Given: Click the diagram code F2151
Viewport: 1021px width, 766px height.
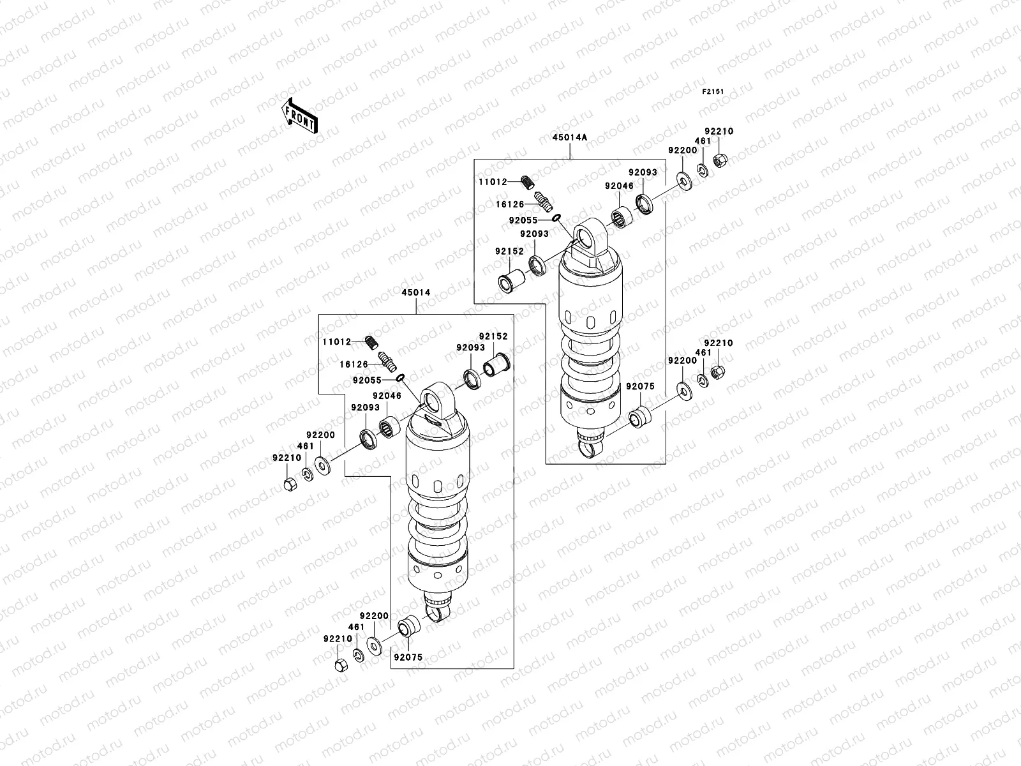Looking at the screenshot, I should [714, 92].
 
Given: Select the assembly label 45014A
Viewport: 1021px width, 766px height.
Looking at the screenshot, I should [570, 137].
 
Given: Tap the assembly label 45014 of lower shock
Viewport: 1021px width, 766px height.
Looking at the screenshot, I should [416, 292].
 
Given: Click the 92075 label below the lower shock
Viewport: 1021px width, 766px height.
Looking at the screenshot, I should [408, 657].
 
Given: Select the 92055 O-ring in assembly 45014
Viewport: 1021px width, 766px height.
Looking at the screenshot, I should [400, 379].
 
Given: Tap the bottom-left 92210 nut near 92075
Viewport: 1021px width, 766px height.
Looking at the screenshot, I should [340, 665].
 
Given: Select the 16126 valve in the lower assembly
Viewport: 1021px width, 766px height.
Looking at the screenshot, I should [387, 361].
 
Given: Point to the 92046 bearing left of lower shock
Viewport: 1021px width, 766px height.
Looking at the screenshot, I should [389, 426].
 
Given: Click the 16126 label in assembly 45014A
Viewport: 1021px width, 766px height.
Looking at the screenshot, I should [511, 204].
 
